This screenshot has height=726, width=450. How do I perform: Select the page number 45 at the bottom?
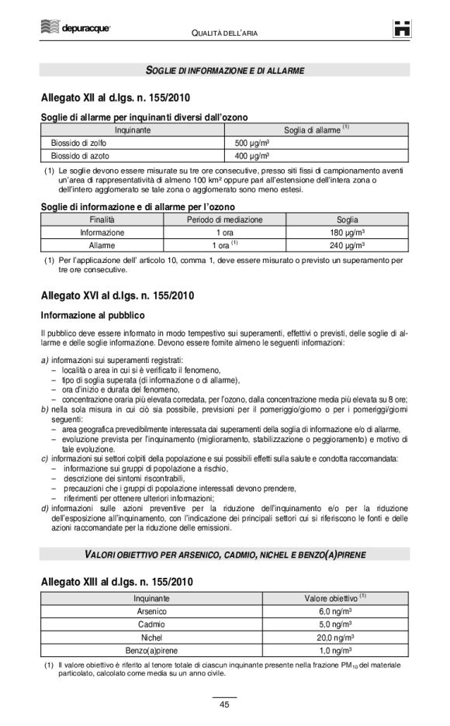(223, 704)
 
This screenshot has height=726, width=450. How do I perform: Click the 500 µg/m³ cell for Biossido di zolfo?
(252, 143)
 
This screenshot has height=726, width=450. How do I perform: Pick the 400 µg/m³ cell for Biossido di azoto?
(252, 155)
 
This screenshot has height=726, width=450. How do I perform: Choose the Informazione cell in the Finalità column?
(102, 232)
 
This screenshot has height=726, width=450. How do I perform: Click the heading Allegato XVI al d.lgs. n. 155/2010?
(117, 296)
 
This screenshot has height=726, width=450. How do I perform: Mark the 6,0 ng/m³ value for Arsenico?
(335, 611)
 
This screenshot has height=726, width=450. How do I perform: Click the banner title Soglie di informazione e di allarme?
(224, 71)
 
